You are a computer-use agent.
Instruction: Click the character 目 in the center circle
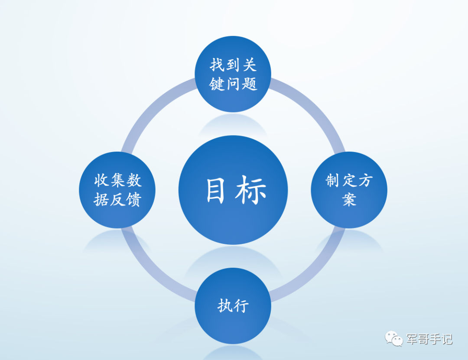(215, 190)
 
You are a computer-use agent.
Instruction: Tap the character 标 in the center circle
(251, 190)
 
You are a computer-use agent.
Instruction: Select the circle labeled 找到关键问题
(233, 74)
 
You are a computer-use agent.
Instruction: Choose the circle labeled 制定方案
(349, 190)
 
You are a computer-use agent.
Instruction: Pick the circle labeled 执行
(233, 305)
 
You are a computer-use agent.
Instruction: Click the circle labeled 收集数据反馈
(117, 190)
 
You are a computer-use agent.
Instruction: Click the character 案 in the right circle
(349, 200)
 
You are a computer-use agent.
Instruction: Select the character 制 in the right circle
(332, 180)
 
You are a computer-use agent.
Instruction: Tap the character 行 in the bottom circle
(241, 306)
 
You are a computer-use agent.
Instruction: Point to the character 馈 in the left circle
(133, 200)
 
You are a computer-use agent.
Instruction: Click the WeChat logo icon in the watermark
(394, 338)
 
